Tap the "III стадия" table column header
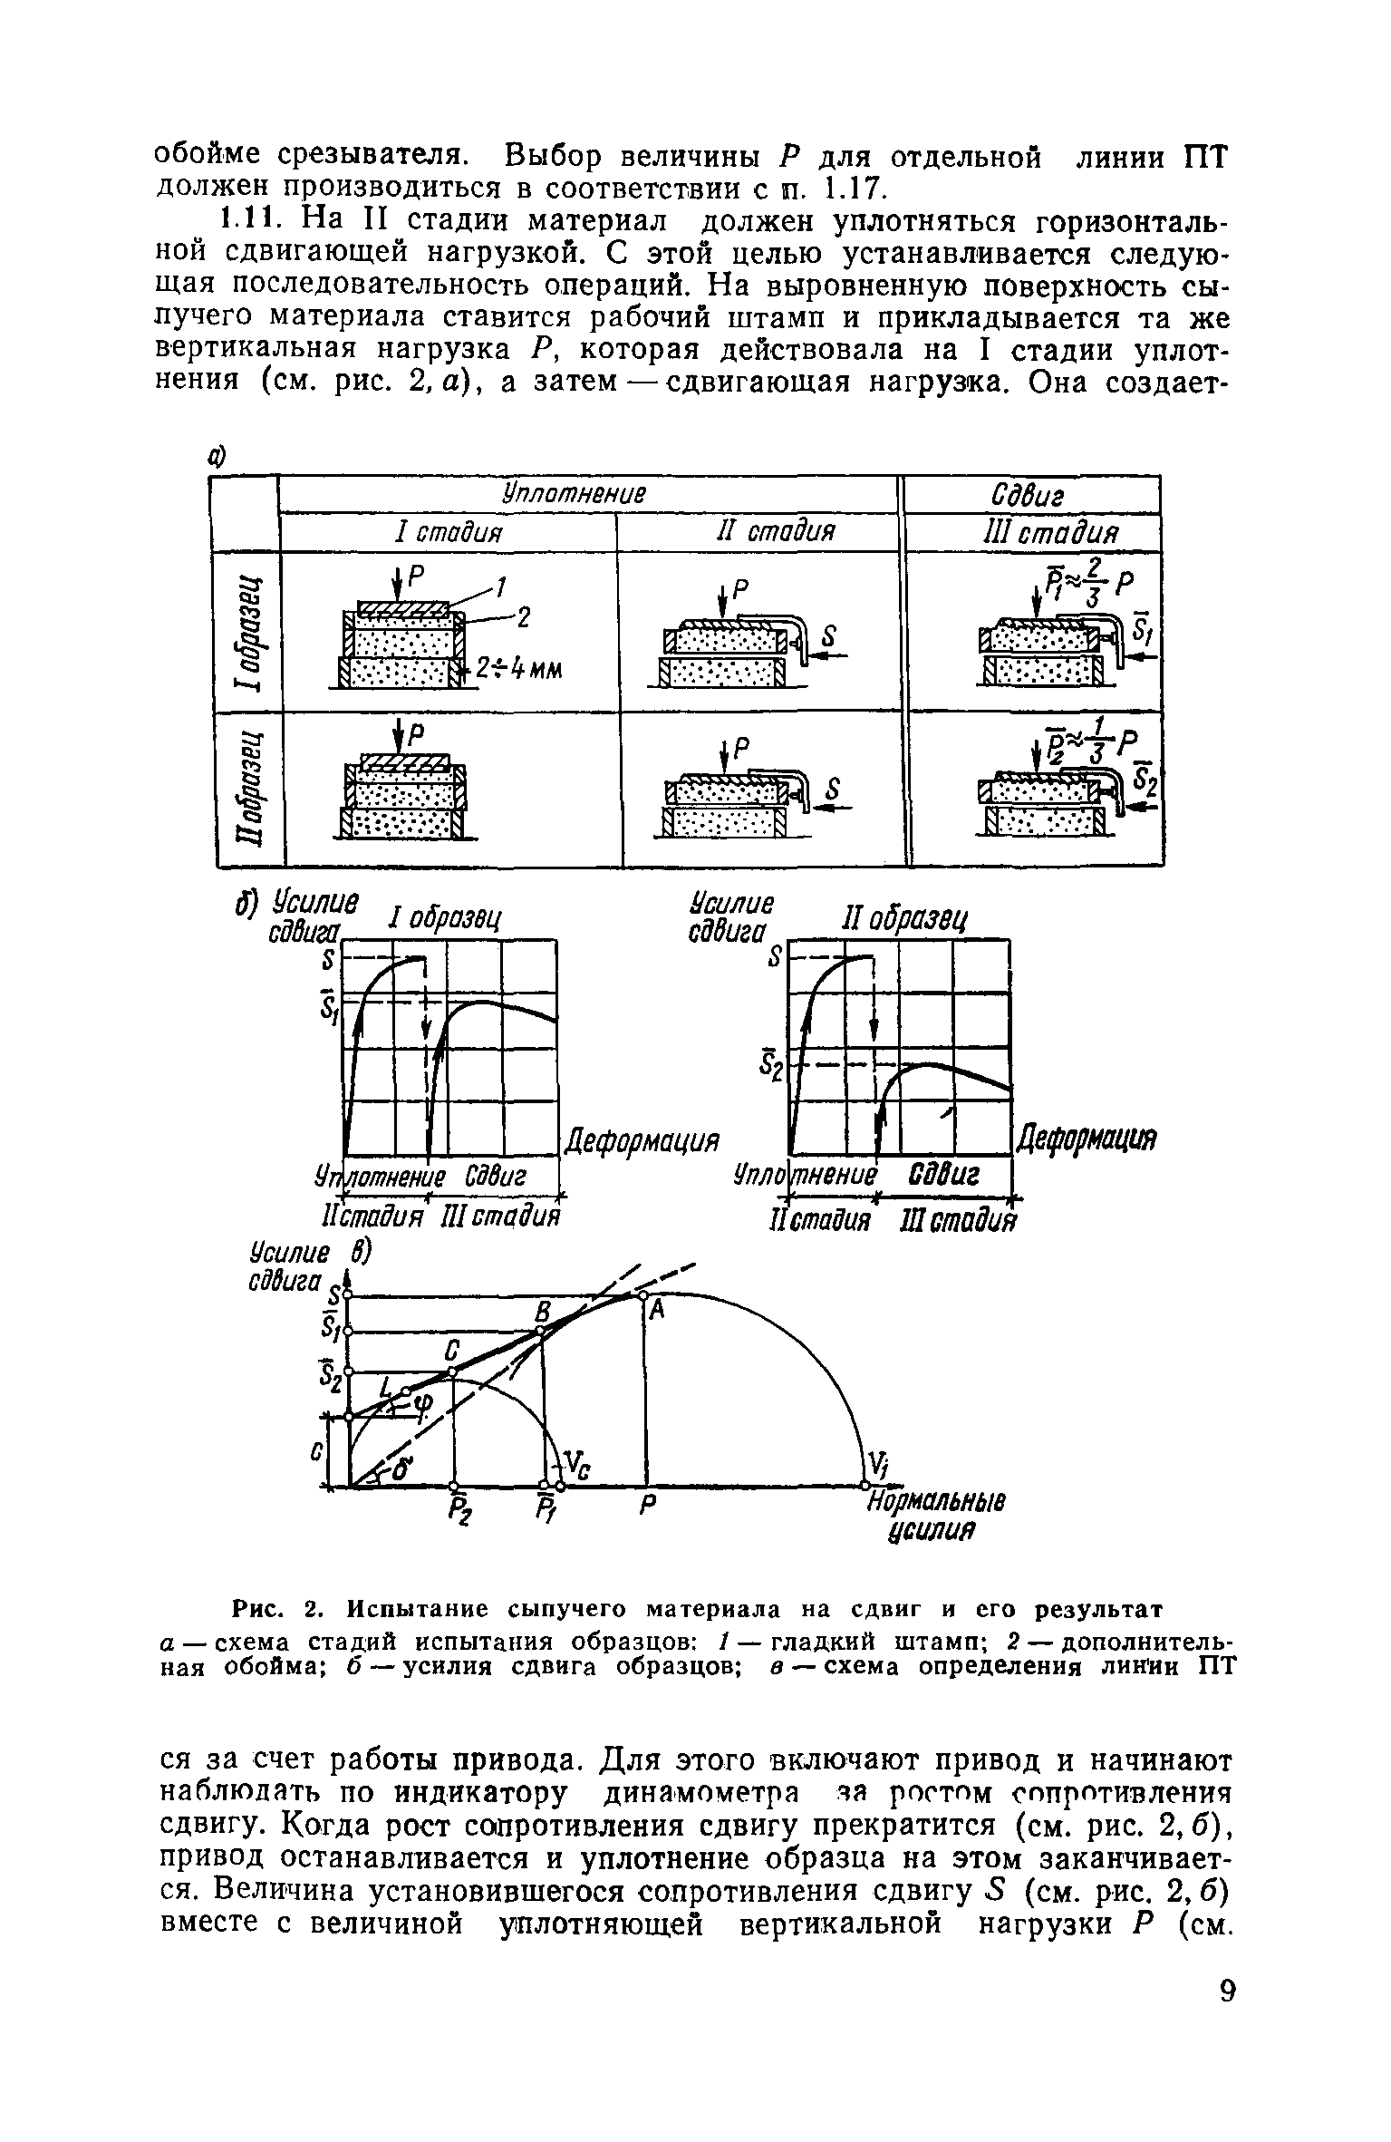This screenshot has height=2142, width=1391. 1034,531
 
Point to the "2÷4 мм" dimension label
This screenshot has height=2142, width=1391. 522,669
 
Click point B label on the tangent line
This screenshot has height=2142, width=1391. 542,1312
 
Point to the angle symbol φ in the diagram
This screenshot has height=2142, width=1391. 422,1404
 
